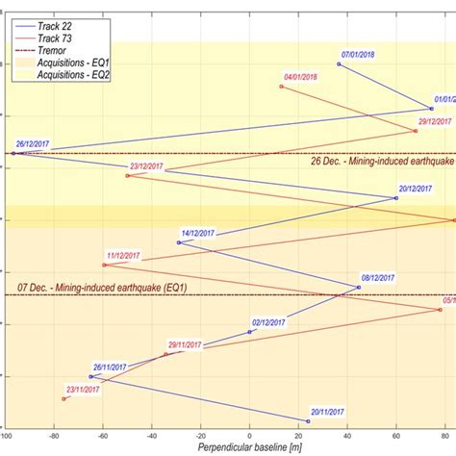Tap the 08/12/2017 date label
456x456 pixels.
click(x=381, y=277)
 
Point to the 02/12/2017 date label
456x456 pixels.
click(x=272, y=322)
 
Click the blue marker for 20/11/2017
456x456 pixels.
click(x=308, y=421)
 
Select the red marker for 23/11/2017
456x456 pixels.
click(x=64, y=398)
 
